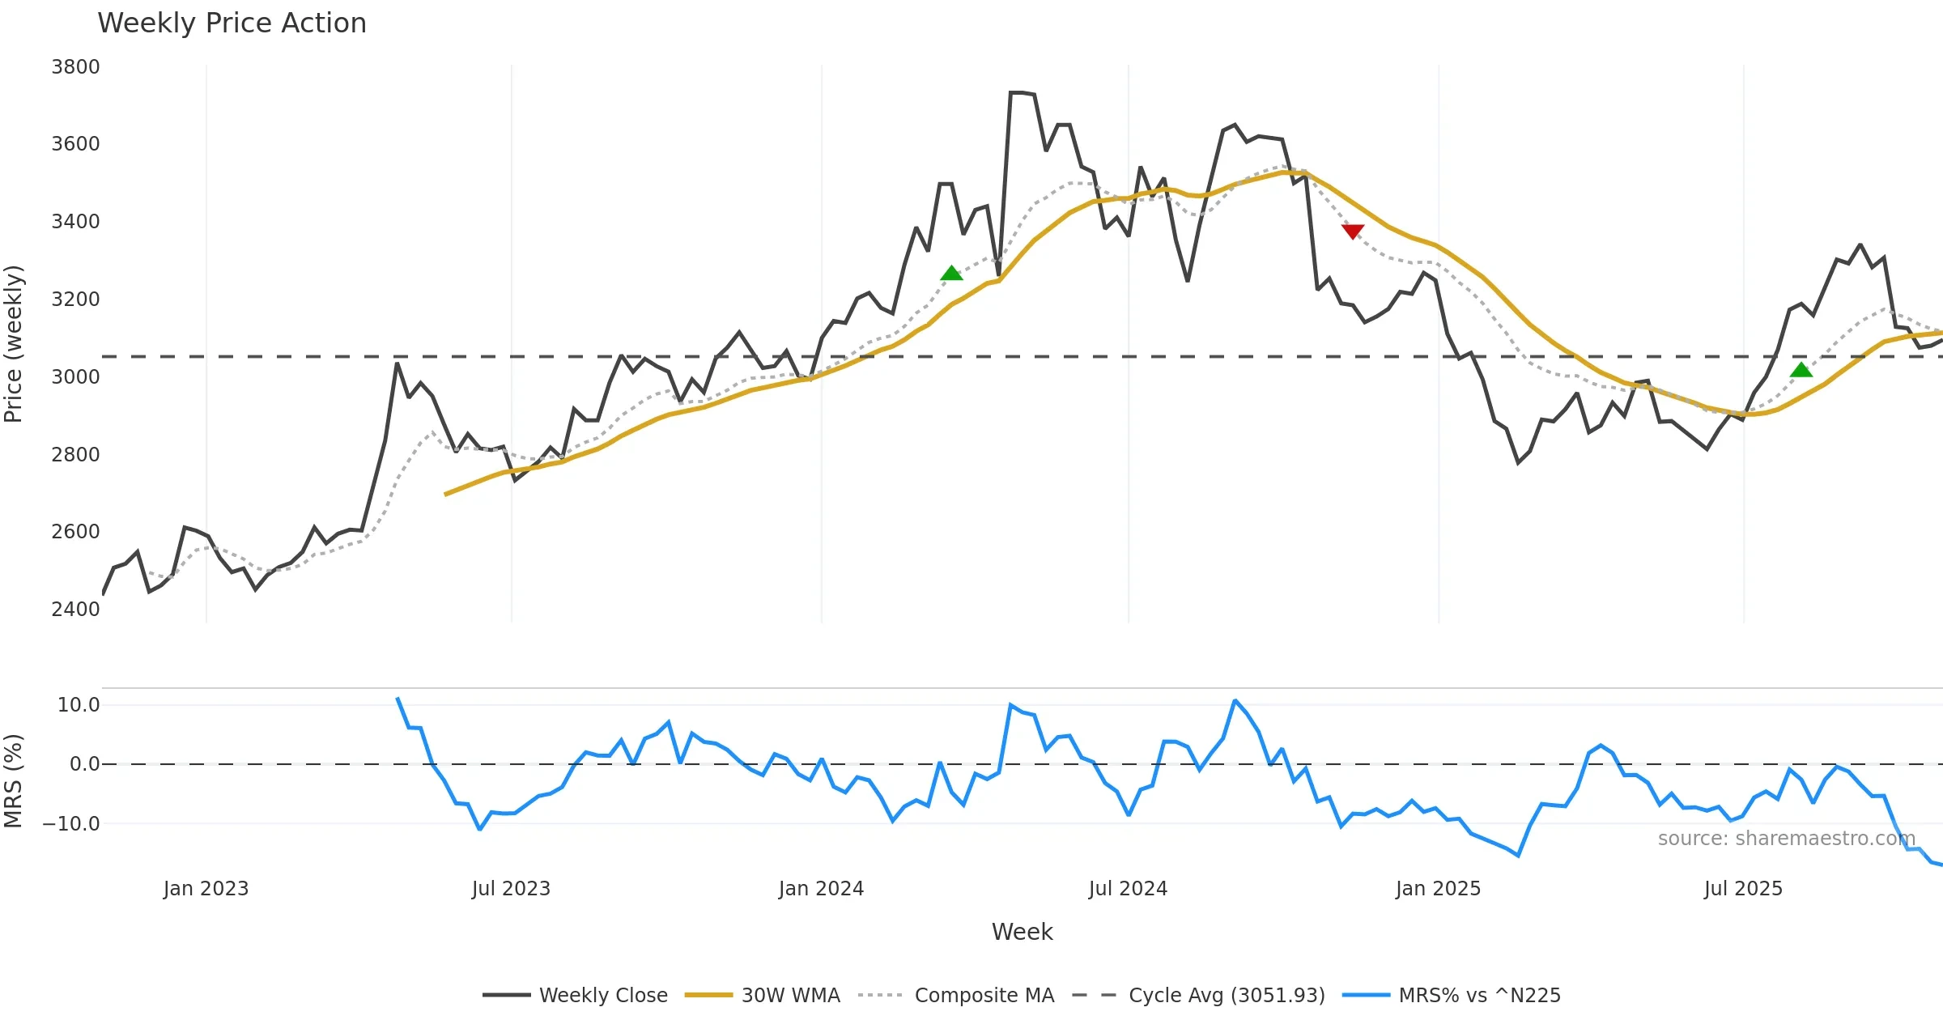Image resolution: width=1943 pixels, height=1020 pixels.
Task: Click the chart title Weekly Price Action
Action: pyautogui.click(x=232, y=23)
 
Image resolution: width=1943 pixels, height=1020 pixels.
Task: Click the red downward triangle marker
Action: pyautogui.click(x=1353, y=232)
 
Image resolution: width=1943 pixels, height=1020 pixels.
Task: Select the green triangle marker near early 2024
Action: pyautogui.click(x=951, y=274)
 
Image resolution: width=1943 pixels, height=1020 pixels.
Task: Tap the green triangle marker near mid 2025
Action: pyautogui.click(x=1801, y=370)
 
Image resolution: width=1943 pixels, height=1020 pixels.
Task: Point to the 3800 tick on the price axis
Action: pyautogui.click(x=75, y=67)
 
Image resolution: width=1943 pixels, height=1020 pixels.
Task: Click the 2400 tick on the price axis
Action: pyautogui.click(x=75, y=609)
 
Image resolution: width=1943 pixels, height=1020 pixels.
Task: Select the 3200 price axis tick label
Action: pyautogui.click(x=75, y=299)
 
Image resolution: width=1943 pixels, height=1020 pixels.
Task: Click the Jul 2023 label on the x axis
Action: pyautogui.click(x=511, y=889)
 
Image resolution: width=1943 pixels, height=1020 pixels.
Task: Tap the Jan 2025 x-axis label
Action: pyautogui.click(x=1438, y=889)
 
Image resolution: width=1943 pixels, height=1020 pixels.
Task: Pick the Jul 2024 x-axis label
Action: pyautogui.click(x=1128, y=889)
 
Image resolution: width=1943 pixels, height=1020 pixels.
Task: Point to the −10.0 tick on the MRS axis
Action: pyautogui.click(x=71, y=824)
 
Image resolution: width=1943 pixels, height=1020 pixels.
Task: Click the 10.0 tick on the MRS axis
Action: pyautogui.click(x=78, y=705)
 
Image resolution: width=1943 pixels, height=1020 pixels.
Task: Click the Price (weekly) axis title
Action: pyautogui.click(x=14, y=344)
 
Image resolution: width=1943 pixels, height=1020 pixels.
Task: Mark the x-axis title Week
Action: pyautogui.click(x=1022, y=933)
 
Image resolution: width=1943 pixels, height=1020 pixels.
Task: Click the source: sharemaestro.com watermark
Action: pyautogui.click(x=1786, y=839)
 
